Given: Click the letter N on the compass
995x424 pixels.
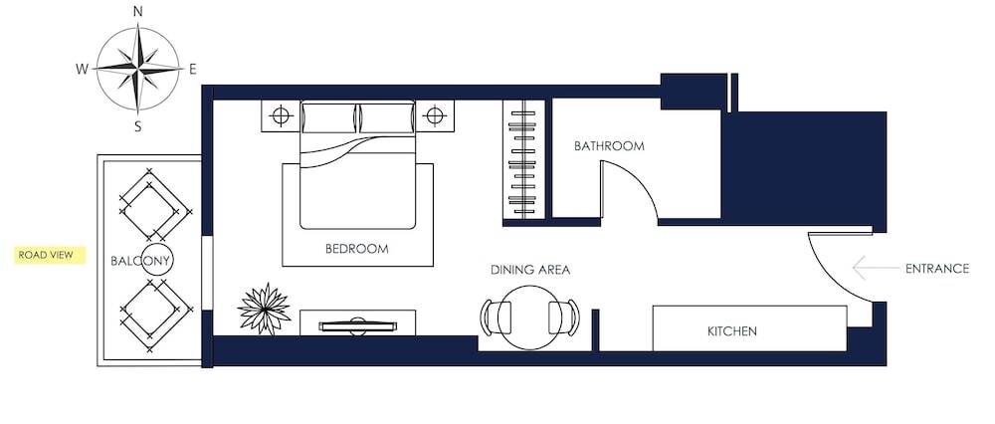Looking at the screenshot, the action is click(x=137, y=11).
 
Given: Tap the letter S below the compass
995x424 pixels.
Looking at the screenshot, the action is click(x=137, y=127).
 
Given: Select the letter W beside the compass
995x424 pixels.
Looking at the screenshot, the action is click(x=82, y=70).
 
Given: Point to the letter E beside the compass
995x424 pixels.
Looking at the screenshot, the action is click(x=193, y=70).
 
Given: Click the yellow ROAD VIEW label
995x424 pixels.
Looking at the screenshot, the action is click(x=50, y=255).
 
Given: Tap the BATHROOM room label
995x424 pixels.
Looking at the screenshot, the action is click(x=609, y=146).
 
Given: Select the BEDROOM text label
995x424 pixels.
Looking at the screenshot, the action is click(x=356, y=249).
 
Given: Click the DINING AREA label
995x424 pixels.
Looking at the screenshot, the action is click(x=530, y=270).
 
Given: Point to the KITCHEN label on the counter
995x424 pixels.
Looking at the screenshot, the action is click(x=732, y=331).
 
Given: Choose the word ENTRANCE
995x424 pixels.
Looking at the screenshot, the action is click(x=937, y=269).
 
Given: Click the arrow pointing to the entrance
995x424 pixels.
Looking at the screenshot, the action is click(x=876, y=268).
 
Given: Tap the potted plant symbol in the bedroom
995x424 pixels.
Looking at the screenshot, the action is click(x=264, y=310).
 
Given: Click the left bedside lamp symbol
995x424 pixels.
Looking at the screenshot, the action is click(x=281, y=116).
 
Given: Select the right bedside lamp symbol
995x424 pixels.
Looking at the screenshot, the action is click(x=434, y=116).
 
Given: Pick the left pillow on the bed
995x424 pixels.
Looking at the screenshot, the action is click(x=328, y=118).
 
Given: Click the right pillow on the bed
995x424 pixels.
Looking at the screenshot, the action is click(x=387, y=118).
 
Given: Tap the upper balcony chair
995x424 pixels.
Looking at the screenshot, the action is click(x=152, y=205).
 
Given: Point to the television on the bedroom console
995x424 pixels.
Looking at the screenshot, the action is click(x=358, y=326).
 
